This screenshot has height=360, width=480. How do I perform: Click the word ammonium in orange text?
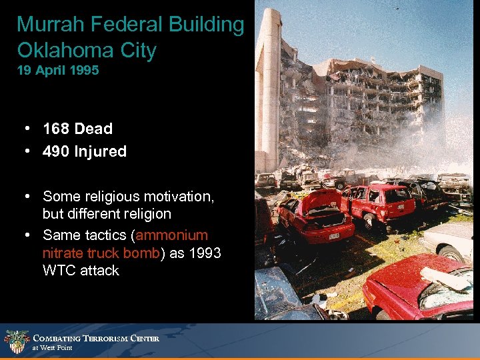click(171, 235)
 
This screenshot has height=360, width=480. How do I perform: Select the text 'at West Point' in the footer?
click(53, 348)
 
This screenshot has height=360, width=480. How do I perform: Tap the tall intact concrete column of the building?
click(269, 87)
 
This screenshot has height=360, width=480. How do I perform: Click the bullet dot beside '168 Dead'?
click(25, 129)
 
